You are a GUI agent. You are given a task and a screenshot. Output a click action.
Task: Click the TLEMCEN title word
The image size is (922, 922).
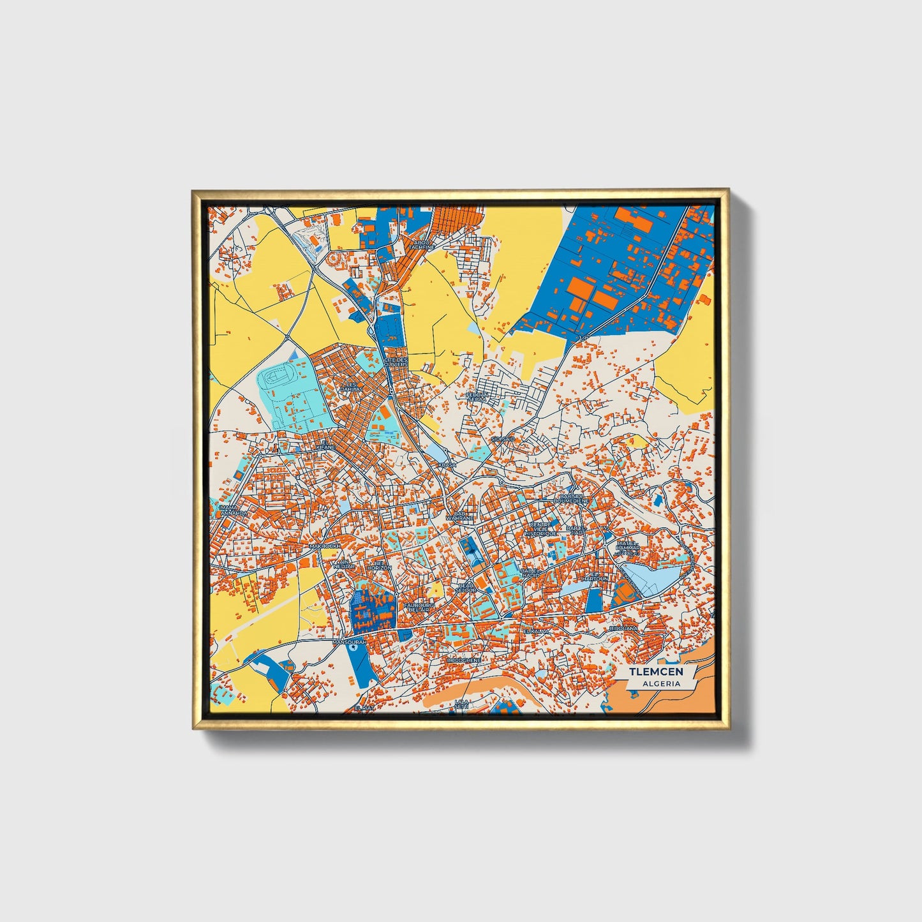656,672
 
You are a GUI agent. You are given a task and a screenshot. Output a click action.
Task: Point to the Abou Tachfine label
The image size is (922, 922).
422,244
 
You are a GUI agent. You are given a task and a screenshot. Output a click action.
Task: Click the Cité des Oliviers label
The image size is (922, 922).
396,362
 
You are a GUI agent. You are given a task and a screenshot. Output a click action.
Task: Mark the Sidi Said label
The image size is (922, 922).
502,439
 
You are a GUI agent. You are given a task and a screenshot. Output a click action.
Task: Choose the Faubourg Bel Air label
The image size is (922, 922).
419,606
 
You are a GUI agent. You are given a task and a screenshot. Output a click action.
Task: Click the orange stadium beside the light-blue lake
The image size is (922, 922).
626,593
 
